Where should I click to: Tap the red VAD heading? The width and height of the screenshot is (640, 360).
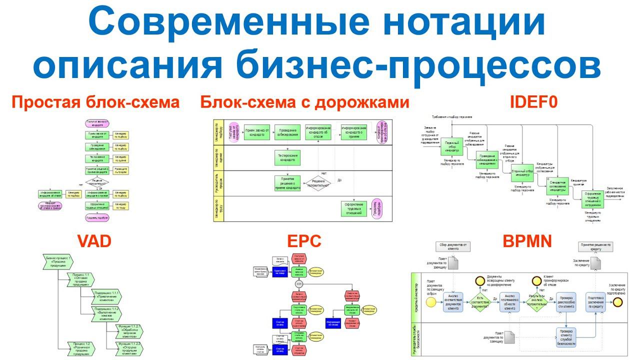coord(94,241)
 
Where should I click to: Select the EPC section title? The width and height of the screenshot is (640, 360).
coord(304,241)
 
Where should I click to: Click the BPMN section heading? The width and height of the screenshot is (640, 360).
coord(527,241)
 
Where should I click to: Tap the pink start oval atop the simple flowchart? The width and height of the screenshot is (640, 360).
coord(98,122)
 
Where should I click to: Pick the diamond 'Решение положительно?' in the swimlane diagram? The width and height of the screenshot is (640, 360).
coord(315,183)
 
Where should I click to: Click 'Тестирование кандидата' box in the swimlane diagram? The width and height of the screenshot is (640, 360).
coord(287,158)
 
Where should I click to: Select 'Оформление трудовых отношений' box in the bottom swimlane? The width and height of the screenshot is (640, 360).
coord(354,209)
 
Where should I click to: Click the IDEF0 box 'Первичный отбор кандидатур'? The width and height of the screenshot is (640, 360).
coord(452,147)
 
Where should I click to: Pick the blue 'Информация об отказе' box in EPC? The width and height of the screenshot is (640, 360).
coord(333,322)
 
